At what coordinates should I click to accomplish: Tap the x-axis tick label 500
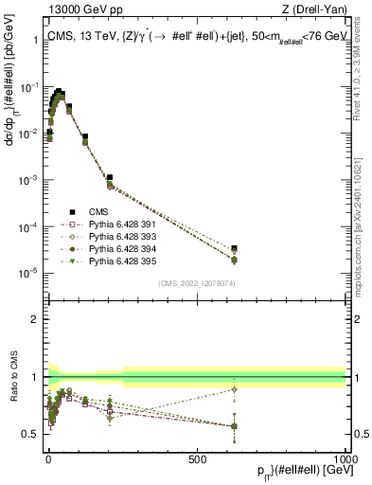tap(197, 458)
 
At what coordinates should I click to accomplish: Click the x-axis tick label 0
tap(48, 458)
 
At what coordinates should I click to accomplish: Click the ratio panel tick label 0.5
tap(27, 434)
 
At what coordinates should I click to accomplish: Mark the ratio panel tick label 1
tap(31, 377)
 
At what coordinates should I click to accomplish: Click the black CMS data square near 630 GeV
tap(234, 248)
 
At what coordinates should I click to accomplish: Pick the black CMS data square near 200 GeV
tap(110, 177)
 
